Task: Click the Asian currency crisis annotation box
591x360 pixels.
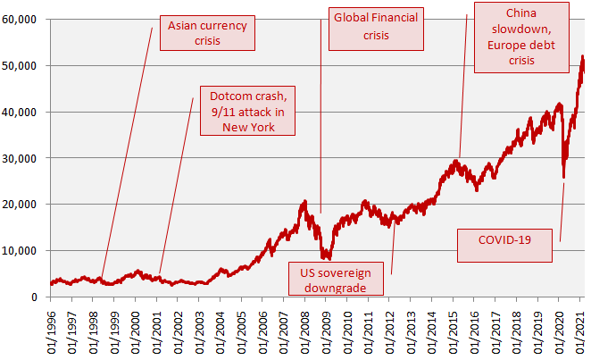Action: tap(206, 32)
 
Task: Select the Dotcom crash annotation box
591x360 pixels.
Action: tap(246, 111)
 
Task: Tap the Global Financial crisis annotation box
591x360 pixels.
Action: tap(376, 26)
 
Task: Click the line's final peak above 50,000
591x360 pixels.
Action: tap(582, 56)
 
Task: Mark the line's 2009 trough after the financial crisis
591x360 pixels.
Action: tap(327, 257)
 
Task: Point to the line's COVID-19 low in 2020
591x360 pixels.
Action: tap(563, 177)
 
